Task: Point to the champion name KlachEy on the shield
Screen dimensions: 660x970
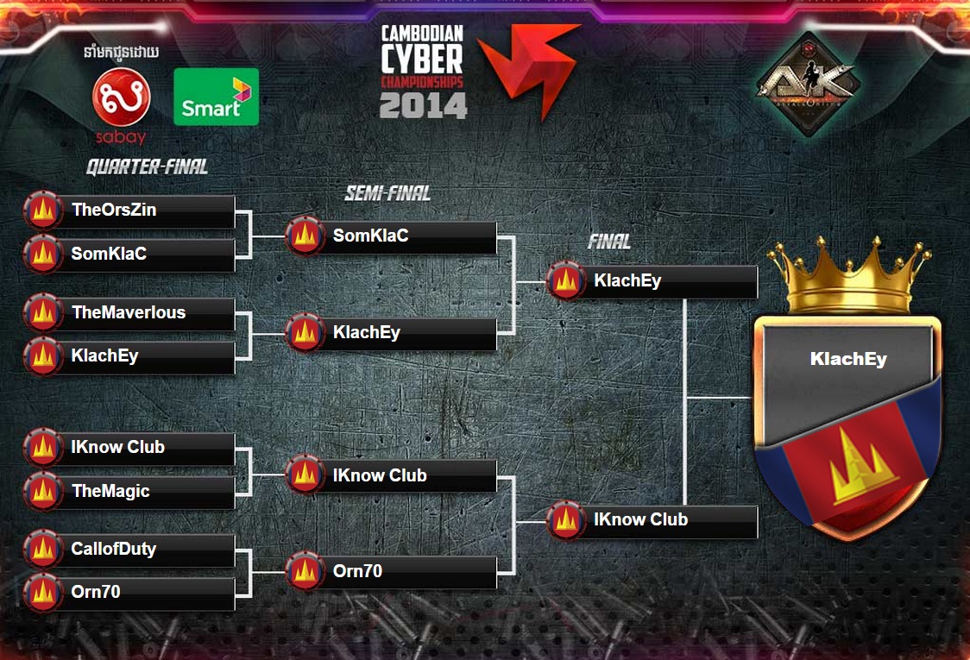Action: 847,360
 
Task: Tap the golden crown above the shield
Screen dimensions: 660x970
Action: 849,276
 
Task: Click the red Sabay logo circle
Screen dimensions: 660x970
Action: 122,97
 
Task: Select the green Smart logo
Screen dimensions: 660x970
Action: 216,97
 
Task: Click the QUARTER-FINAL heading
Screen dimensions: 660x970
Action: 147,167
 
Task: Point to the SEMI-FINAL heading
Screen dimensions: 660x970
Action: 387,193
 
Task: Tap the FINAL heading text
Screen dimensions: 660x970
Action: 609,242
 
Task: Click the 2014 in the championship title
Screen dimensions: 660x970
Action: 423,105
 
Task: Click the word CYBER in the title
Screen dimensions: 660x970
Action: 423,60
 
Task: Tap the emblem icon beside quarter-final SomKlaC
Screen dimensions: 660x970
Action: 41,255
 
